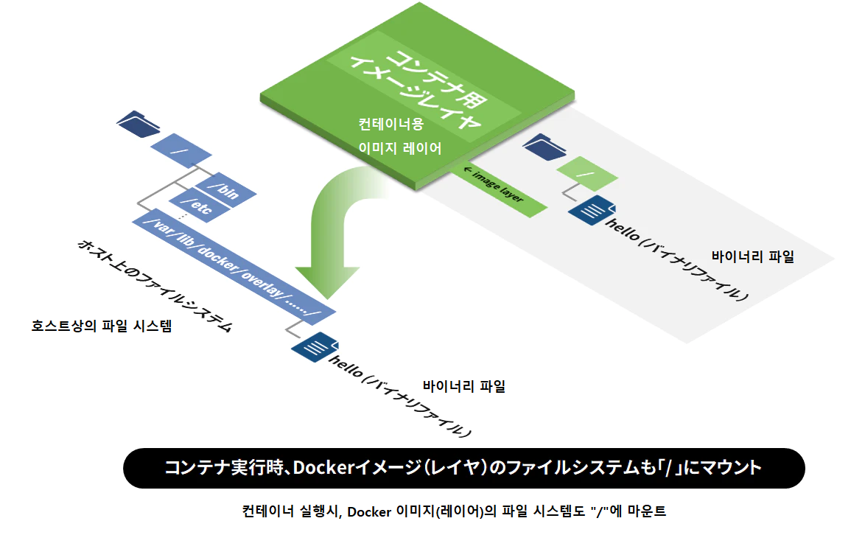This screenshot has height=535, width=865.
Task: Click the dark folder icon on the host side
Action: click(138, 123)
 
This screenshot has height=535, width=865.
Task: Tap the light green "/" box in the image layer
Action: click(586, 175)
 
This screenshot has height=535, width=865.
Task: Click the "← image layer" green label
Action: click(499, 187)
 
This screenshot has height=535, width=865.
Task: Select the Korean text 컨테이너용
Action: click(391, 124)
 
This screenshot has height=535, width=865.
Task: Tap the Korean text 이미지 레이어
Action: click(399, 148)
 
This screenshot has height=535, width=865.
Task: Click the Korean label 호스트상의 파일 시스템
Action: click(102, 325)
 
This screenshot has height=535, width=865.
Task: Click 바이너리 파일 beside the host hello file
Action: click(464, 386)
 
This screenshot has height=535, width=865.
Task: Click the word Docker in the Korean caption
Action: click(368, 511)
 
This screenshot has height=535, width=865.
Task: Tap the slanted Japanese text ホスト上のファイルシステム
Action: click(155, 284)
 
